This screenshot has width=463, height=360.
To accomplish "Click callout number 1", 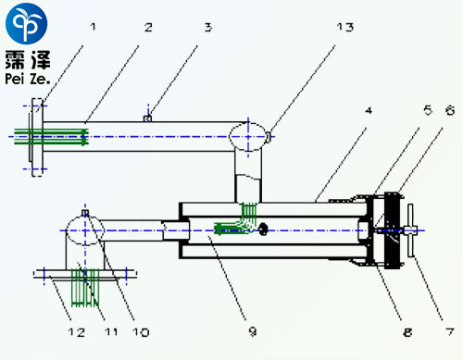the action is [x=93, y=27].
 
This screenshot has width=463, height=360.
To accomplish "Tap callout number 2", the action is [x=148, y=28].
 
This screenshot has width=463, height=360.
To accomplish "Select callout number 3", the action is [x=208, y=28].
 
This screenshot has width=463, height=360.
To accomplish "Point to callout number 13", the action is [x=345, y=28].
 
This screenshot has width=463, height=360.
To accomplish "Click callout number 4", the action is [x=369, y=110].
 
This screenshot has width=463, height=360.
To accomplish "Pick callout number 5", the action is [x=428, y=110].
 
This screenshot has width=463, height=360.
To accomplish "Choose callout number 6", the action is [x=450, y=110].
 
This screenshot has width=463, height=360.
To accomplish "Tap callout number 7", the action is [x=450, y=331].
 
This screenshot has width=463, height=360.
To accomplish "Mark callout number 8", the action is [x=407, y=332].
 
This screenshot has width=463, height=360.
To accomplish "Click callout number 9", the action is [x=253, y=331].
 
